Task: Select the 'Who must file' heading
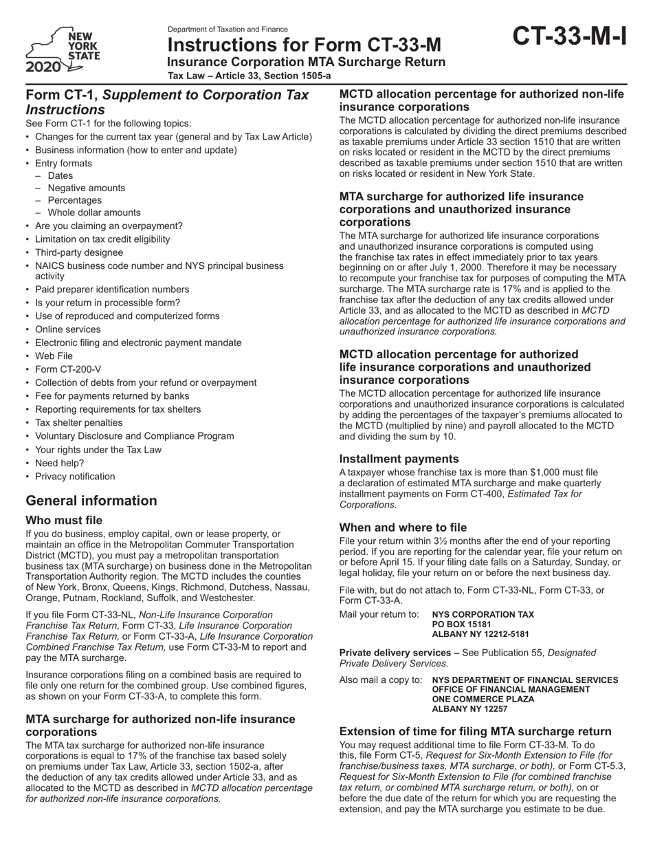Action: tap(64, 521)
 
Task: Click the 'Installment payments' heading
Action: tap(399, 459)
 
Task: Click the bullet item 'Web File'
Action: tap(54, 356)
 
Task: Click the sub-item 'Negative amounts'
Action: tap(86, 188)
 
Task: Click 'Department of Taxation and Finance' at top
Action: tap(228, 30)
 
